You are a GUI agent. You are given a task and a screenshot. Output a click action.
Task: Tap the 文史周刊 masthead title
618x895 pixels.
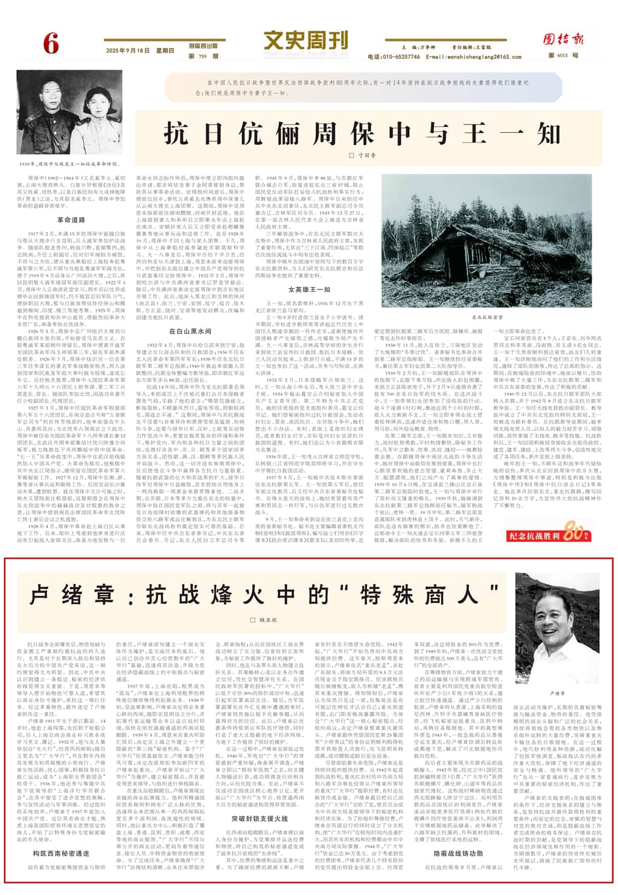point(306,41)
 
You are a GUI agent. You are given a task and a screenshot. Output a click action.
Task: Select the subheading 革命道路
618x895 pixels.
point(71,220)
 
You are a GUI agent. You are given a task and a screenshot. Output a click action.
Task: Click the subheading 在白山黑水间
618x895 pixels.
point(190,331)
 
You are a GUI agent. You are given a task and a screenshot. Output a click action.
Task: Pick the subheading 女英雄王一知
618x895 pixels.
point(309,289)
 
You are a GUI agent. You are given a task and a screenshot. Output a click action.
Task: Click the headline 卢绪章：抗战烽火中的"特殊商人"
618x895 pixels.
point(264,595)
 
